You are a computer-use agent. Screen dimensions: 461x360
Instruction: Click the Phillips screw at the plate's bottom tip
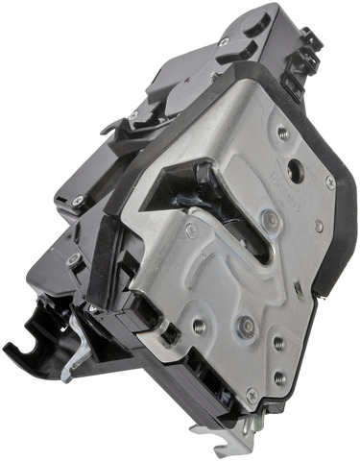pyautogui.click(x=252, y=394)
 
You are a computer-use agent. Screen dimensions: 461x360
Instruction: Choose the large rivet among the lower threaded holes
pyautogui.click(x=246, y=328)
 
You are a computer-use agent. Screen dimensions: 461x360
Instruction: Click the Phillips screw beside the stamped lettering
pyautogui.click(x=330, y=181)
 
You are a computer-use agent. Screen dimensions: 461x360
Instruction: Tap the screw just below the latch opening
pyautogui.click(x=193, y=231)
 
